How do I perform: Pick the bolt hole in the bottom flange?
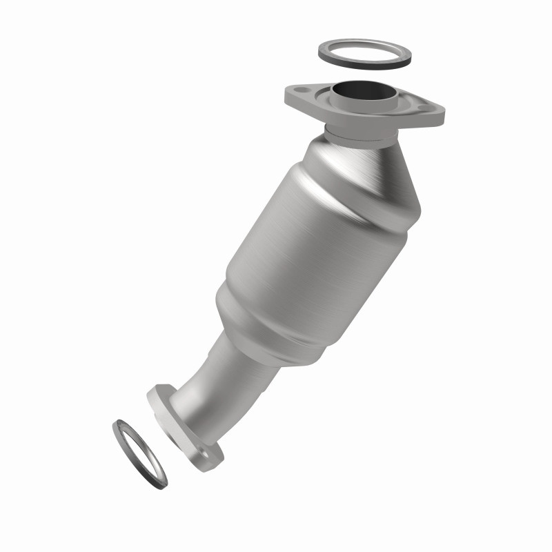[204, 453]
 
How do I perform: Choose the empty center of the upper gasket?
[364, 52]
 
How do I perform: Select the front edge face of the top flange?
[359, 121]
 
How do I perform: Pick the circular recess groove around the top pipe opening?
[338, 103]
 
